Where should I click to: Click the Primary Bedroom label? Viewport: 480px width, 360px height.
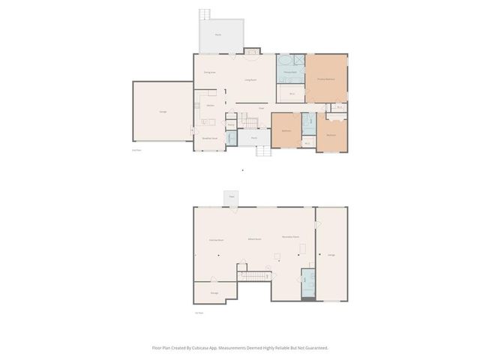coord(325,79)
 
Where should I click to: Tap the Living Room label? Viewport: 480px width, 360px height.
coord(251,79)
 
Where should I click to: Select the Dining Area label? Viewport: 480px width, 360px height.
coord(210,72)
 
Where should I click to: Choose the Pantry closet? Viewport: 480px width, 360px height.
coord(232,124)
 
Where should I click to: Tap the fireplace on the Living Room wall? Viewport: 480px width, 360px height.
coord(252,52)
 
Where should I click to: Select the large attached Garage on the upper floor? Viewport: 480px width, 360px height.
coord(163,111)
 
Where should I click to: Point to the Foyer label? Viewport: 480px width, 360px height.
coord(262,108)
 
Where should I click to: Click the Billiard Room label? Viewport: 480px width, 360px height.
coord(255,239)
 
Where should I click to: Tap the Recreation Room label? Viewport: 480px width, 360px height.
coord(291,236)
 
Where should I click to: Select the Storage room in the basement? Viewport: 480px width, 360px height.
coord(214,292)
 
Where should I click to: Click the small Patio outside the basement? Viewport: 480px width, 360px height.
coord(232,196)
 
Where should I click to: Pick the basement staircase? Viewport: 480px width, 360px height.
coord(253,276)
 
